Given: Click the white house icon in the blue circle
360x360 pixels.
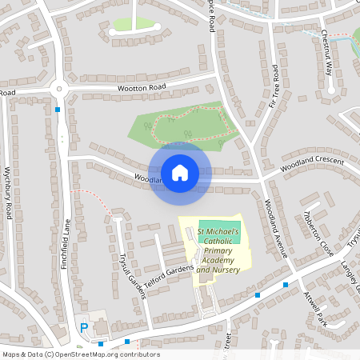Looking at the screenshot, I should [x=180, y=172].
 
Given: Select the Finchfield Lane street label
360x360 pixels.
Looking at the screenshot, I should [x=66, y=244].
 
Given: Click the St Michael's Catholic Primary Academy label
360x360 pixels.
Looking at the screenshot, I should [x=218, y=250].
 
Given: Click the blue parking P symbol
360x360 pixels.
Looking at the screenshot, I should [x=83, y=326].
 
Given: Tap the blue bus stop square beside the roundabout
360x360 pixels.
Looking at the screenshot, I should [x=58, y=109].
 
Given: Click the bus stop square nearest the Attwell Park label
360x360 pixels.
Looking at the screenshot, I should [x=286, y=284].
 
